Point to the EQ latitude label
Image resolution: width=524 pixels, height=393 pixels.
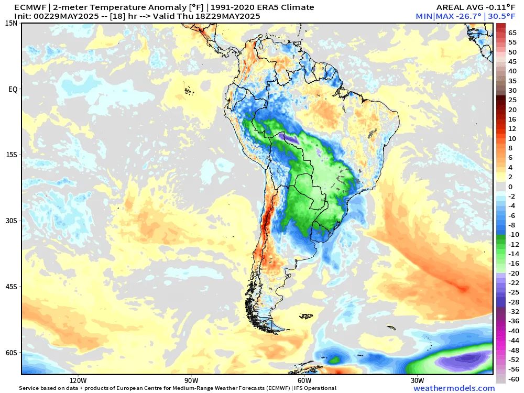(x=13, y=89)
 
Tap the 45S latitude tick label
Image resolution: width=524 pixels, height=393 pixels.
(x=12, y=287)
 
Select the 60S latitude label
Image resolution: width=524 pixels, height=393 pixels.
(x=12, y=353)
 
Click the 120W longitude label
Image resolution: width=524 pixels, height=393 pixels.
(x=78, y=380)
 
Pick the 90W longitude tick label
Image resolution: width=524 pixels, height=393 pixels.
(x=191, y=380)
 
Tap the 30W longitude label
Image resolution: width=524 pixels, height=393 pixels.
(x=417, y=380)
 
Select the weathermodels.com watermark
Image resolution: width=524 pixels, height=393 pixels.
(x=454, y=388)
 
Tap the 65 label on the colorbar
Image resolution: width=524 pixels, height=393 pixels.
(x=512, y=33)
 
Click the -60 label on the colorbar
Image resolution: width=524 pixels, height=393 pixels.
(x=514, y=379)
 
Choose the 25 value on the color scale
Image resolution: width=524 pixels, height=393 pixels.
(x=512, y=100)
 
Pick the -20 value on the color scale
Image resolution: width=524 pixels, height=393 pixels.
(x=514, y=273)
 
